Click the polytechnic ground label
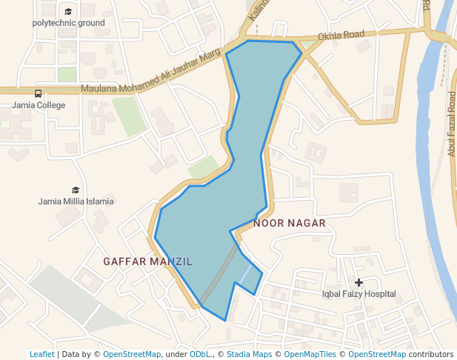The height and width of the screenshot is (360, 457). tap(68, 23)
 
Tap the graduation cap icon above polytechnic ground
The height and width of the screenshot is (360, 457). tap(68, 12)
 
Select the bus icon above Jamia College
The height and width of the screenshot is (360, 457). tap(38, 93)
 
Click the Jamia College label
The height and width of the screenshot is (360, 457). tap(39, 105)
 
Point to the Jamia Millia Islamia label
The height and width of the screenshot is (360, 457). tap(76, 201)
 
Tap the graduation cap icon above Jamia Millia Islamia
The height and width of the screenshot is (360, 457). tap(76, 190)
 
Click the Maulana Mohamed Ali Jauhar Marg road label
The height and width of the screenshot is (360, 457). tap(151, 82)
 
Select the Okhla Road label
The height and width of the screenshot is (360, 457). tap(341, 36)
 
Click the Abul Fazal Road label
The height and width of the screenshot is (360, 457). tap(451, 124)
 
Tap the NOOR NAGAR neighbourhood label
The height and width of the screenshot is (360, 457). tap(290, 222)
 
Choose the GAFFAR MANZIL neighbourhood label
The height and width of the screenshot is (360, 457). tap(147, 261)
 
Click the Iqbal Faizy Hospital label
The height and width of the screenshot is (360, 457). tap(358, 294)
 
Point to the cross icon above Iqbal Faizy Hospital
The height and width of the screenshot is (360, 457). tap(359, 282)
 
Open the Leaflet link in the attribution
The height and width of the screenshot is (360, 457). tap(41, 354)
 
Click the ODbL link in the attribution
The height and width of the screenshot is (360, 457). tap(200, 354)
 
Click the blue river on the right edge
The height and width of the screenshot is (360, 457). tap(433, 148)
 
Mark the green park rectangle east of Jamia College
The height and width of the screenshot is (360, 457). tap(129, 116)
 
